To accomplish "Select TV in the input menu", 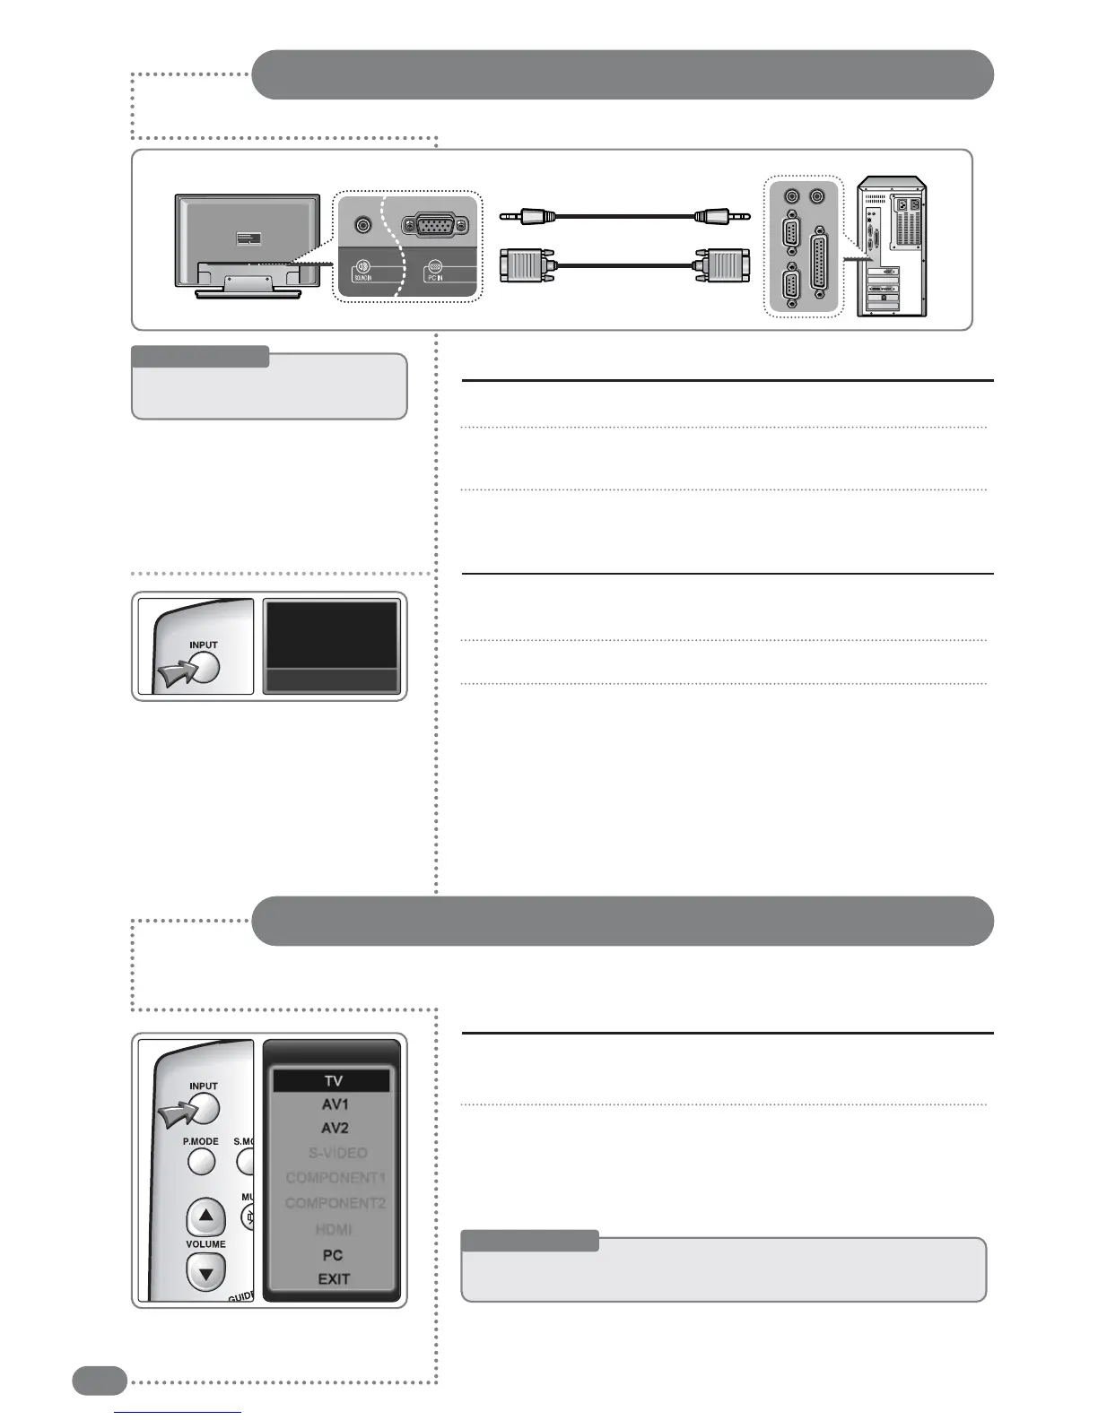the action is pos(332,1081).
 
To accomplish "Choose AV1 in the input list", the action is pos(334,1104).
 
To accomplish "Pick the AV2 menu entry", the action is pos(334,1129).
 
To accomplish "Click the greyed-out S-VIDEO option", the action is pos(337,1153).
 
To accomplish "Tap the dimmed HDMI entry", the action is pos(334,1230).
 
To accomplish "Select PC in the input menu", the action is pos(333,1255).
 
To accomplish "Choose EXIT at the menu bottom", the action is pos(334,1279).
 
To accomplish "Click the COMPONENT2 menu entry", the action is pos(335,1203).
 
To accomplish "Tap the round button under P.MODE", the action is pos(202,1162).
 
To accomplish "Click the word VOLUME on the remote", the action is pos(206,1244).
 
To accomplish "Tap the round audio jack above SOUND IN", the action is pos(362,226).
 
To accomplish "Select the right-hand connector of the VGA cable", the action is pos(722,267).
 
